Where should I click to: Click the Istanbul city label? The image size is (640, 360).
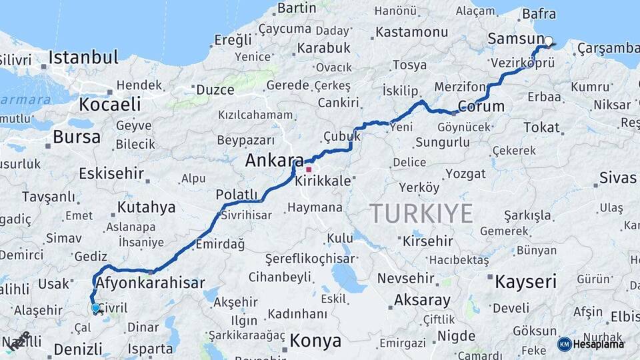83,57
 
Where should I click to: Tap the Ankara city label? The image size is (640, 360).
275,160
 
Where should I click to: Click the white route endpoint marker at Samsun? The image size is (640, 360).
548,41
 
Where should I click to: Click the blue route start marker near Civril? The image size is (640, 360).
96,308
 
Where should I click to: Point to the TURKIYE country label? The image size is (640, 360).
421,213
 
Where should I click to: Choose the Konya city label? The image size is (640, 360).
315,341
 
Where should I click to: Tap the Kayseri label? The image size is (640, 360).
525,281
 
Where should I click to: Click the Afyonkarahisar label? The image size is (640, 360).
150,283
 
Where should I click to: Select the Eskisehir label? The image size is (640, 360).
111,173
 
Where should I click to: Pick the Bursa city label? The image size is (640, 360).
77,137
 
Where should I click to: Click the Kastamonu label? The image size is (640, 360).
411,32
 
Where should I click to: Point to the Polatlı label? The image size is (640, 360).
237,194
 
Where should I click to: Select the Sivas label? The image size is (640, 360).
618,177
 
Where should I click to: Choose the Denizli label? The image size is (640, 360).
78,349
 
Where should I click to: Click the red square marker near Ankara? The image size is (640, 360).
309,169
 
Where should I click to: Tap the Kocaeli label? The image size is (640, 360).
110,104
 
